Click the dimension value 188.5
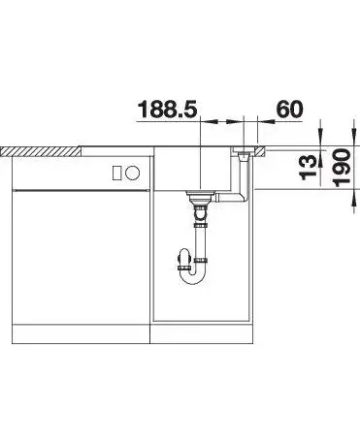[168, 110]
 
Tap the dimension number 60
[290, 110]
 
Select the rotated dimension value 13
[309, 167]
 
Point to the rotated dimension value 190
[342, 168]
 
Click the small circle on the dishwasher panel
[133, 173]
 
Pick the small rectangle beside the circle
[117, 173]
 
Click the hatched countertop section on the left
[42, 151]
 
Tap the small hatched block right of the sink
[261, 151]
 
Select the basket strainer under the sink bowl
[201, 196]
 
